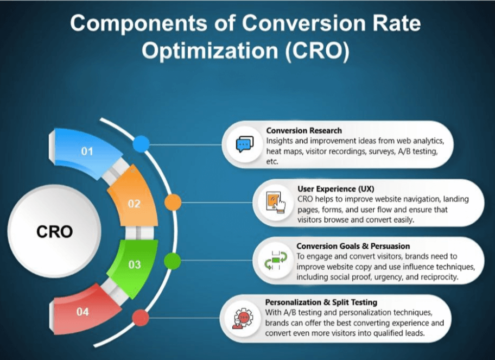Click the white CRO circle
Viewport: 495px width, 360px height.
pos(54,231)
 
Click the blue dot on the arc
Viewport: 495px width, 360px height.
pos(141,144)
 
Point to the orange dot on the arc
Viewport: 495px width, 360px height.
pos(173,203)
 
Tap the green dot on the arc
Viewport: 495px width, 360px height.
pos(173,261)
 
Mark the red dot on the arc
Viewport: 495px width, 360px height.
pos(141,318)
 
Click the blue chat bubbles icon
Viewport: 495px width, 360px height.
pos(245,144)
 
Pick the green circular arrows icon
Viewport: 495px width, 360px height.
pos(276,261)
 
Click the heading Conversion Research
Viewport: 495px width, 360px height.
pos(304,130)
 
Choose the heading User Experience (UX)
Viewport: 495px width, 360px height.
pos(336,189)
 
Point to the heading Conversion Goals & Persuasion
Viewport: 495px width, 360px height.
pos(353,246)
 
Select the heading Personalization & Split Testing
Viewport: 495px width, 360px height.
pos(321,302)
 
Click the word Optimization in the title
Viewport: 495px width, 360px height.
pos(210,50)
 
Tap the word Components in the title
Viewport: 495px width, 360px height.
pos(138,23)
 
